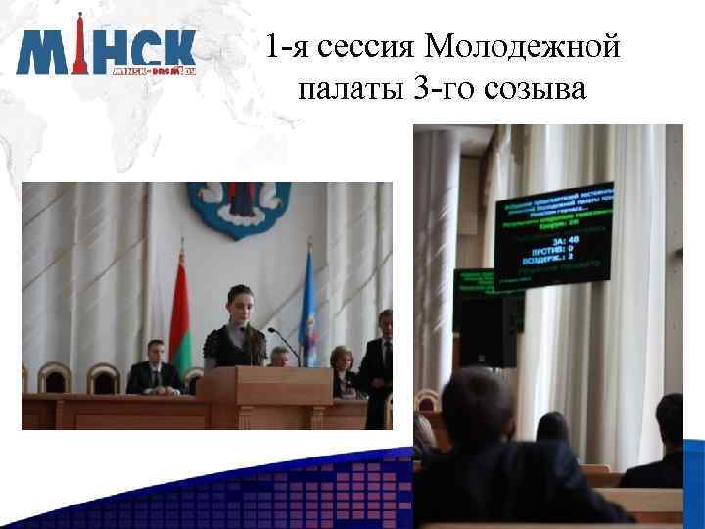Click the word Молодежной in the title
point(526,46)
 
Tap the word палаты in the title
point(347,90)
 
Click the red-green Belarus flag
point(179,304)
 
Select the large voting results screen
point(553,232)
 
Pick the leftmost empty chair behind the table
point(55,378)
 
